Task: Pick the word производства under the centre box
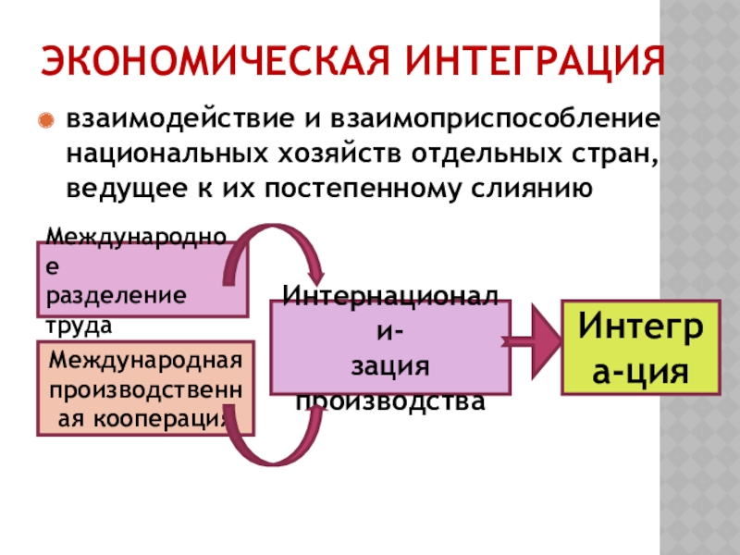click(x=389, y=402)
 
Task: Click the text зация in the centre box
click(x=389, y=367)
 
